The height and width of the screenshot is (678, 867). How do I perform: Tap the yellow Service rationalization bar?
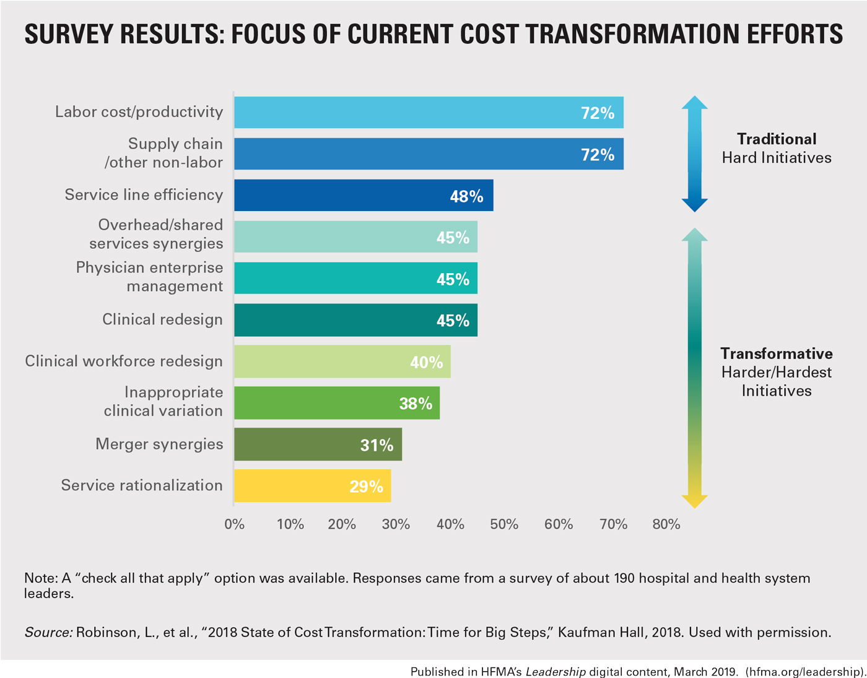[312, 486]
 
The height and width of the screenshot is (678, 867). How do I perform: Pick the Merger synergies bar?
[318, 445]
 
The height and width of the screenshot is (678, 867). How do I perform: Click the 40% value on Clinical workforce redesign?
[426, 362]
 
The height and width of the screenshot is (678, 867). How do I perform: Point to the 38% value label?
[416, 404]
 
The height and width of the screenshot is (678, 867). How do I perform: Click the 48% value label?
[466, 196]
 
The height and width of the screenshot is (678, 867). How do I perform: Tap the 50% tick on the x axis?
[504, 524]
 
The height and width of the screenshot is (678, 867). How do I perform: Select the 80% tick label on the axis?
[666, 524]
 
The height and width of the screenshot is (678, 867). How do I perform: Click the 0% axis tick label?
[235, 524]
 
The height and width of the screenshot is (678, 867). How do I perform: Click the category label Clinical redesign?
[162, 319]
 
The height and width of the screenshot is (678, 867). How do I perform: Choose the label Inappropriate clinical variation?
[163, 401]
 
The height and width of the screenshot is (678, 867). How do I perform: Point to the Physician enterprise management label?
[149, 277]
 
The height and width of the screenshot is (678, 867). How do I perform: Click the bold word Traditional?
[777, 139]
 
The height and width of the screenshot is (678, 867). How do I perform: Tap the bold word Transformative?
[777, 354]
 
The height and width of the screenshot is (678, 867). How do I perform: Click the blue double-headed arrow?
[694, 154]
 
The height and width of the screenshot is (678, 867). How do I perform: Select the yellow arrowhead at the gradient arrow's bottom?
[694, 500]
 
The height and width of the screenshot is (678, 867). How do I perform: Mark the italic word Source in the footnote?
[48, 632]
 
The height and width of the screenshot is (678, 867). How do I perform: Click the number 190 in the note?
[624, 578]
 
